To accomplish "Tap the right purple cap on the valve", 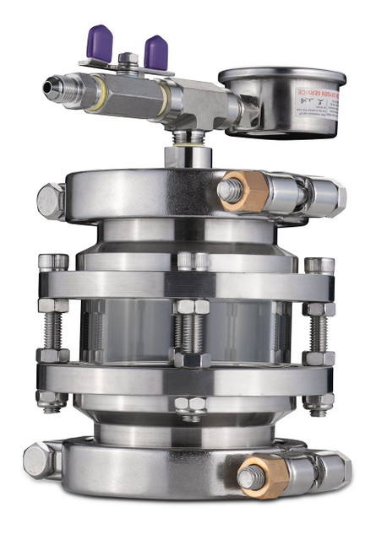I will [x=155, y=51].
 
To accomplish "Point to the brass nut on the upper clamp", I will [x=246, y=191].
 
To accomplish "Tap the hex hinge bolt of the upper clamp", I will [x=52, y=201].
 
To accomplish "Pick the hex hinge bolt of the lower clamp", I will [x=41, y=459].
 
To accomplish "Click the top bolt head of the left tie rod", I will [x=53, y=262].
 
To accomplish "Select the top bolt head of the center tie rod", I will [x=193, y=261].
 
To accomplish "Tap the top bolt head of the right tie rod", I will [x=319, y=266].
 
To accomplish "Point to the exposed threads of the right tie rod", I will [x=319, y=334].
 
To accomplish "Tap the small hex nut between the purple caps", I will [x=128, y=59].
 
